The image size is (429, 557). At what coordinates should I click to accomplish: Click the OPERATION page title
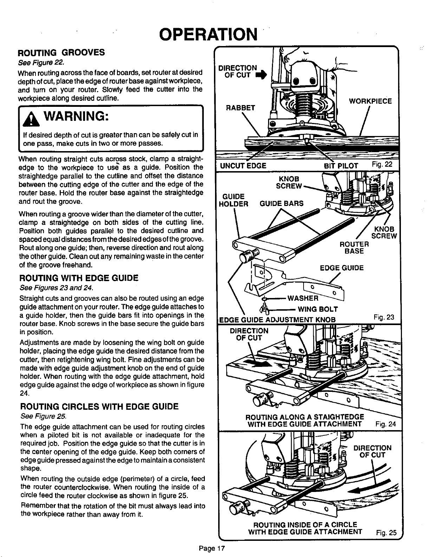[x=208, y=34]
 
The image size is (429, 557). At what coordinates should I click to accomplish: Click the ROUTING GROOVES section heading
[x=61, y=53]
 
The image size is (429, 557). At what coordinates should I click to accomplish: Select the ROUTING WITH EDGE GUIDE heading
[x=79, y=278]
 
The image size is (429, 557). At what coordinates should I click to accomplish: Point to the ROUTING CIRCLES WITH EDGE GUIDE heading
[x=99, y=407]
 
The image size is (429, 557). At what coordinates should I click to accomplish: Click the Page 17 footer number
[x=212, y=548]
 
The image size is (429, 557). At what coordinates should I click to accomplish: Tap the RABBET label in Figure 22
[x=240, y=108]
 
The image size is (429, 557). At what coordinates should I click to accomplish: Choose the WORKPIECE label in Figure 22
[x=370, y=101]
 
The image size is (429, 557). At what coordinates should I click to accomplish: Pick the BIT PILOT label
[x=341, y=166]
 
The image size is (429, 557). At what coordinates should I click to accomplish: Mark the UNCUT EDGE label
[x=243, y=166]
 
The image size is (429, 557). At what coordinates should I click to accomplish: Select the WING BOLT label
[x=318, y=309]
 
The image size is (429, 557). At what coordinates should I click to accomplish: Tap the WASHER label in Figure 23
[x=303, y=298]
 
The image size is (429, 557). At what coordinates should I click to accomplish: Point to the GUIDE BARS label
[x=281, y=203]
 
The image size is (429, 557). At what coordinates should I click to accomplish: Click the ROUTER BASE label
[x=354, y=248]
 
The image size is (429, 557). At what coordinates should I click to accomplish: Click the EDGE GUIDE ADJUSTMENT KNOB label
[x=278, y=320]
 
